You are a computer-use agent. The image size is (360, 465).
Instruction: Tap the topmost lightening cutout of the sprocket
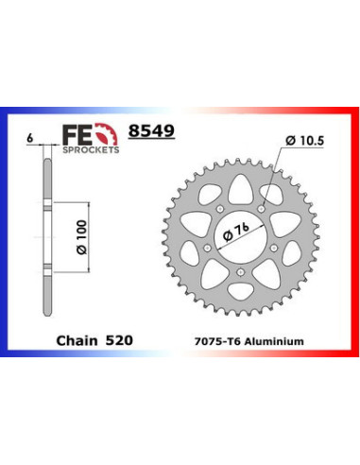pyautogui.click(x=242, y=184)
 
